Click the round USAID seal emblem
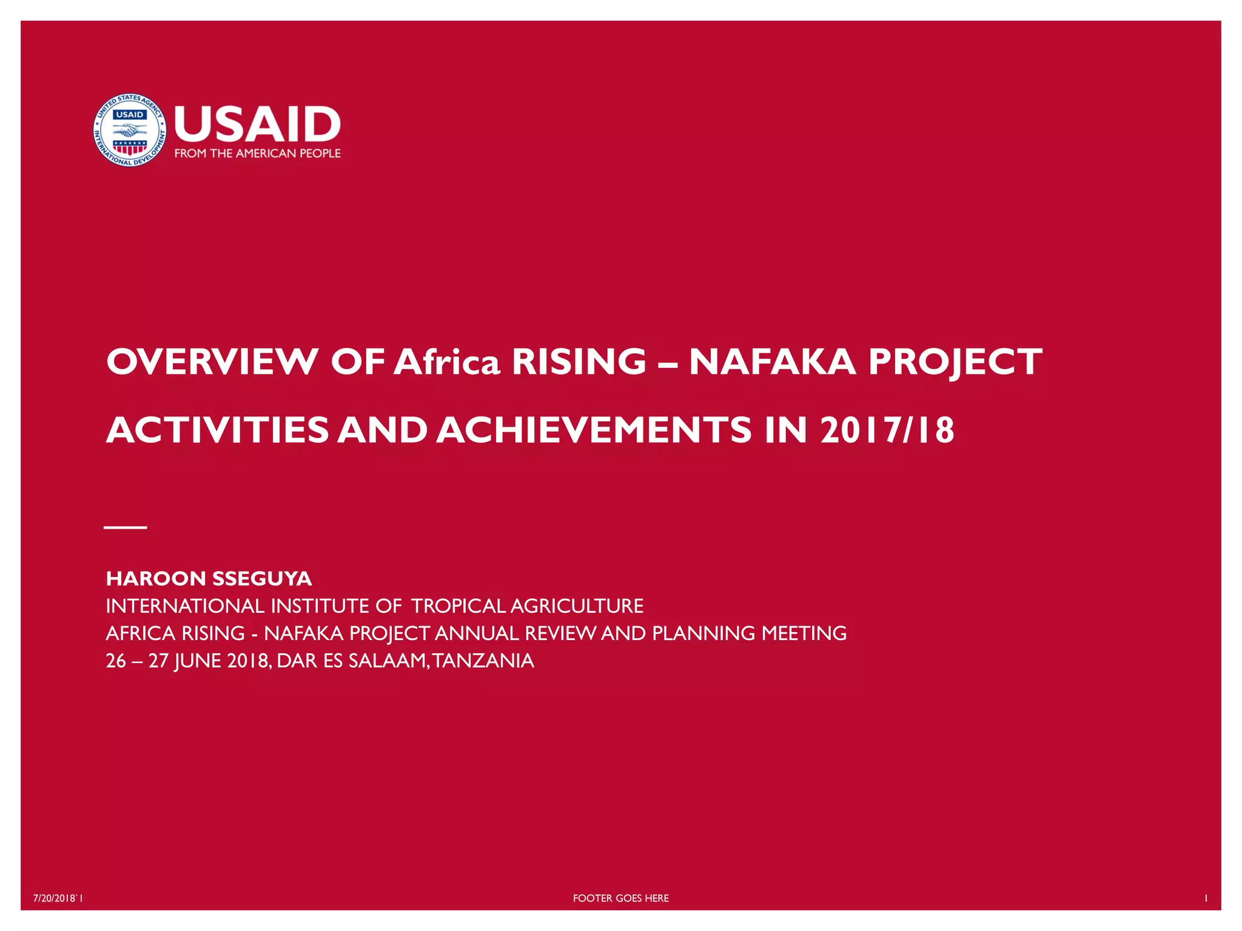(x=129, y=130)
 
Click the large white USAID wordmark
(x=257, y=124)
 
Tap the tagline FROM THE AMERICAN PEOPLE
(x=257, y=153)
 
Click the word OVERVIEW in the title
(x=212, y=362)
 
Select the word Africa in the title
(x=447, y=362)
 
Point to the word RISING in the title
(x=579, y=362)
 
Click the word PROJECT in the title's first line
(x=955, y=362)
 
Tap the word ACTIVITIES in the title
(x=217, y=430)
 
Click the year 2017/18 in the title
(x=887, y=430)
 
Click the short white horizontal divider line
(x=126, y=527)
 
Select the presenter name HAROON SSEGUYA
(x=209, y=578)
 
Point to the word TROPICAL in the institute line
(x=458, y=606)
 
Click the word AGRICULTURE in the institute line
(x=577, y=606)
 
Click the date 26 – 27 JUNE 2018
(x=188, y=660)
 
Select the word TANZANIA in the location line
(x=483, y=660)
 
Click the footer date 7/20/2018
(x=55, y=898)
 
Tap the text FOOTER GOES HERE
(x=620, y=898)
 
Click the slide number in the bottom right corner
(x=1206, y=898)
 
